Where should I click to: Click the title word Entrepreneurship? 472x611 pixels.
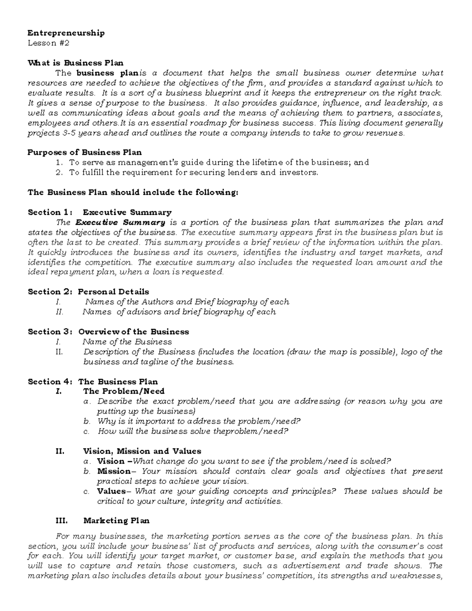click(66, 33)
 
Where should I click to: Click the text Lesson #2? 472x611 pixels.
click(48, 43)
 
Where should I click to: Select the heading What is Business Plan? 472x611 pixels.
click(75, 63)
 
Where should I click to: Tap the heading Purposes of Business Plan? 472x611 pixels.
click(85, 152)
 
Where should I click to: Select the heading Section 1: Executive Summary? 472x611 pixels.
click(100, 212)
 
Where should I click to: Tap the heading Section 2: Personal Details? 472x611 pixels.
click(88, 292)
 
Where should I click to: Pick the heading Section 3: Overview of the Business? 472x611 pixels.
click(108, 332)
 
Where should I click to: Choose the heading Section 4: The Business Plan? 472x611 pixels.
click(93, 382)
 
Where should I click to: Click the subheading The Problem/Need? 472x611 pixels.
click(124, 391)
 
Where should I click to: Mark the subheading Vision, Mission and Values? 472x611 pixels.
click(142, 451)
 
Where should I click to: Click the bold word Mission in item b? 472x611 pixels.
click(114, 471)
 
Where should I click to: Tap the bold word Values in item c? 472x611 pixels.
click(111, 491)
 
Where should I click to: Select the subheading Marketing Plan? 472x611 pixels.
click(116, 521)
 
